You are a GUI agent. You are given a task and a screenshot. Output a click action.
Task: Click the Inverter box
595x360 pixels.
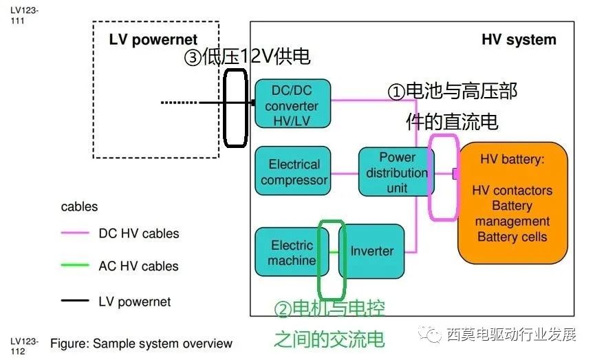(371, 251)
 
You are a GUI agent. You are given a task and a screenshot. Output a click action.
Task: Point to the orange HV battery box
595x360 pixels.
(512, 204)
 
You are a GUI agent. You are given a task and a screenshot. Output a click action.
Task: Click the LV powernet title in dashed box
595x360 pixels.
(153, 40)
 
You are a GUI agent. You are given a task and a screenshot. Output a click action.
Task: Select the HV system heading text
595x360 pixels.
(519, 39)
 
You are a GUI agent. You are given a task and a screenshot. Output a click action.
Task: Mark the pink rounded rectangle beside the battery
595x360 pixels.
(443, 176)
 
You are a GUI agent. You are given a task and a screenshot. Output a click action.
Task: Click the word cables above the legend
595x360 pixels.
(79, 207)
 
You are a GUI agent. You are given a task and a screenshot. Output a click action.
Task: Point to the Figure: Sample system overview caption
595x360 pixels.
(141, 343)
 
